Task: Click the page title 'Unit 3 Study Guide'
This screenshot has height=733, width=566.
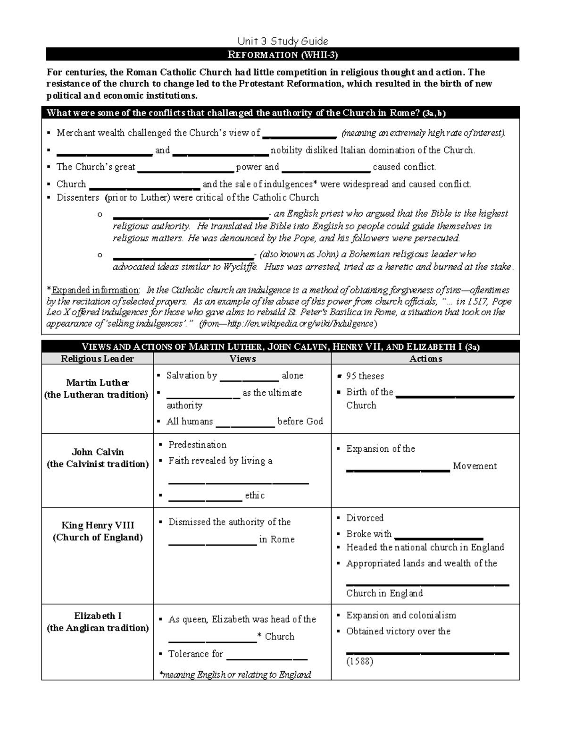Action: click(x=283, y=41)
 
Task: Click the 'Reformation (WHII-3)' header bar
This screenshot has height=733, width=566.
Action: click(x=283, y=55)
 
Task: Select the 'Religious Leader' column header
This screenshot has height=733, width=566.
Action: click(x=97, y=359)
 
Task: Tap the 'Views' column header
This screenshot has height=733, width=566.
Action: click(x=242, y=359)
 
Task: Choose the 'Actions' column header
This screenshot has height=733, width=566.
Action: click(x=425, y=359)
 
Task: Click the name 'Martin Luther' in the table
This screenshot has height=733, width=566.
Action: click(x=97, y=382)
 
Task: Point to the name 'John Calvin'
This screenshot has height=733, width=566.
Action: click(x=97, y=452)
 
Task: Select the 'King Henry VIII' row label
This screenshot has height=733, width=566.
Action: click(x=98, y=525)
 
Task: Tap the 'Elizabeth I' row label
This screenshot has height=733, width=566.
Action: click(x=98, y=616)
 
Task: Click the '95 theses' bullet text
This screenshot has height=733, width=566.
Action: click(x=365, y=376)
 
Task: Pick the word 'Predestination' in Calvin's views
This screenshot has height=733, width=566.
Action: click(x=197, y=445)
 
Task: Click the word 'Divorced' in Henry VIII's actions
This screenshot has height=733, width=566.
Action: click(x=365, y=518)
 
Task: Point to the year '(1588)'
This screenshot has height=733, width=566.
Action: click(x=359, y=661)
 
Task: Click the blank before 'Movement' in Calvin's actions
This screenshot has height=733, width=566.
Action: click(x=398, y=470)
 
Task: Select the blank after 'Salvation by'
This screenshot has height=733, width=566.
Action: click(x=249, y=379)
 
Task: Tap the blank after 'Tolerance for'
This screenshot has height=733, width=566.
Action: click(x=267, y=658)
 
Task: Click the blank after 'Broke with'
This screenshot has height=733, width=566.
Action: click(x=439, y=538)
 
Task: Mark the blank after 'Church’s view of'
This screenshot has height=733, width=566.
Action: click(x=300, y=136)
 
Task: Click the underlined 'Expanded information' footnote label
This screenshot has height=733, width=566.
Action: click(x=96, y=290)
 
